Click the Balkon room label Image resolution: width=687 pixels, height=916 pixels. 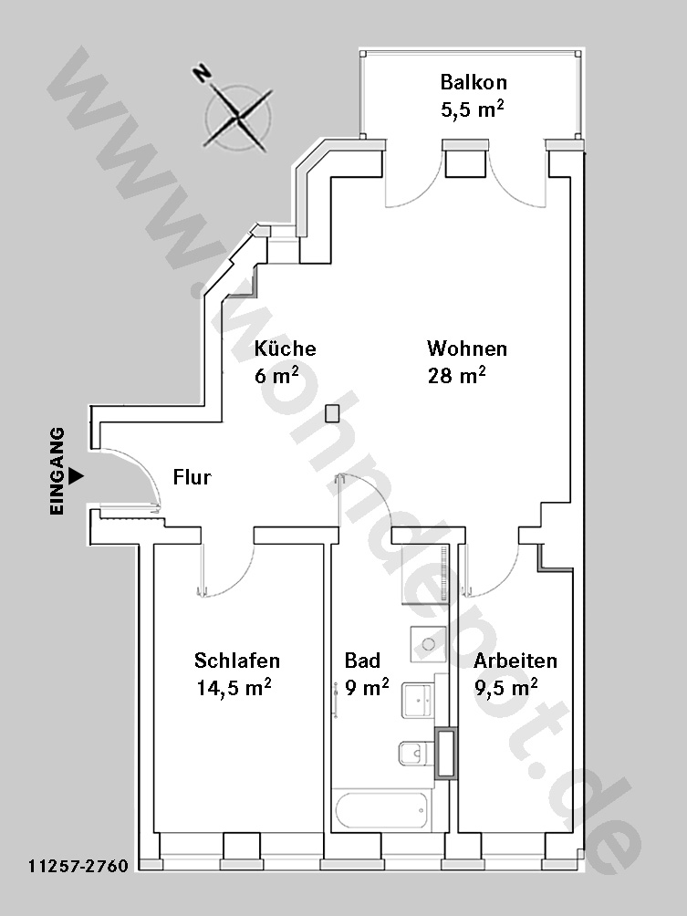click(474, 82)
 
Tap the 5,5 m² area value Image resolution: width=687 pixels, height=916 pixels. click(473, 109)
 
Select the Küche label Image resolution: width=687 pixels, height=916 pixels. click(285, 349)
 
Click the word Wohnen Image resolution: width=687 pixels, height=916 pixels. click(467, 349)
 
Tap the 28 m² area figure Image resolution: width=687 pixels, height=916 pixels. click(457, 375)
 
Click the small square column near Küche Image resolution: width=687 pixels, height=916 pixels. click(332, 413)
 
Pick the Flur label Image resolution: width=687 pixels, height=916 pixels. click(193, 477)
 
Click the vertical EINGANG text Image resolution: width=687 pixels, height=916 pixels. click(57, 471)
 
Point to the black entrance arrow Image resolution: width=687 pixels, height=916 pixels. click(76, 476)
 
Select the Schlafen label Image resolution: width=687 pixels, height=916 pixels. click(237, 661)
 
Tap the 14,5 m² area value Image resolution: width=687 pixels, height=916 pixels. click(234, 687)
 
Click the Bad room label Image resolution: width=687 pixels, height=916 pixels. click(362, 661)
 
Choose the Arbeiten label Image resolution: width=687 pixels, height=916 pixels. click(515, 661)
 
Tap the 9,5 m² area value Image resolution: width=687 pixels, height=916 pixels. click(506, 687)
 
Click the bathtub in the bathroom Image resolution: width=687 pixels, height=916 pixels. click(382, 809)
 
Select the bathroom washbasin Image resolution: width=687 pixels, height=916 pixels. click(417, 701)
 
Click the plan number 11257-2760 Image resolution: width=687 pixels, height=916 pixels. click(78, 865)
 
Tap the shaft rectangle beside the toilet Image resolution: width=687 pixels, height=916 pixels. click(446, 754)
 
